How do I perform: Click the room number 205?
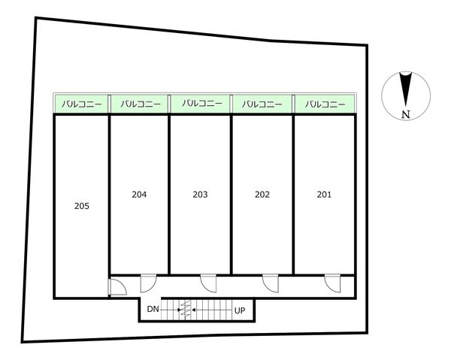[x=82, y=206]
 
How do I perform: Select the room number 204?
[x=139, y=195]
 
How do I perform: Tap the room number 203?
[x=200, y=195]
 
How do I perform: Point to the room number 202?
[x=262, y=195]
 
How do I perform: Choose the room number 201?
[x=324, y=195]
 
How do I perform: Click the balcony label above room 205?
[x=82, y=104]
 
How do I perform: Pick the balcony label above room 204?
[x=141, y=104]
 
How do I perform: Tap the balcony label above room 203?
[x=202, y=103]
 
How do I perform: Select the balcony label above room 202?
[x=262, y=104]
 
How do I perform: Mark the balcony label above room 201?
[x=325, y=104]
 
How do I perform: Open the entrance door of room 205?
[x=117, y=286]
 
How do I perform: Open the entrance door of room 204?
[x=148, y=283]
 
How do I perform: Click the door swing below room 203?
[x=208, y=283]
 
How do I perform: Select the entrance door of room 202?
[x=271, y=283]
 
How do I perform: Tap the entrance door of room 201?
[x=332, y=283]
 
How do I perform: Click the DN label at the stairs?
[x=153, y=310]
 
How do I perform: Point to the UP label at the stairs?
[x=240, y=310]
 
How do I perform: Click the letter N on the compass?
[x=406, y=115]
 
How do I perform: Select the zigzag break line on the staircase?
[x=186, y=309]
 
